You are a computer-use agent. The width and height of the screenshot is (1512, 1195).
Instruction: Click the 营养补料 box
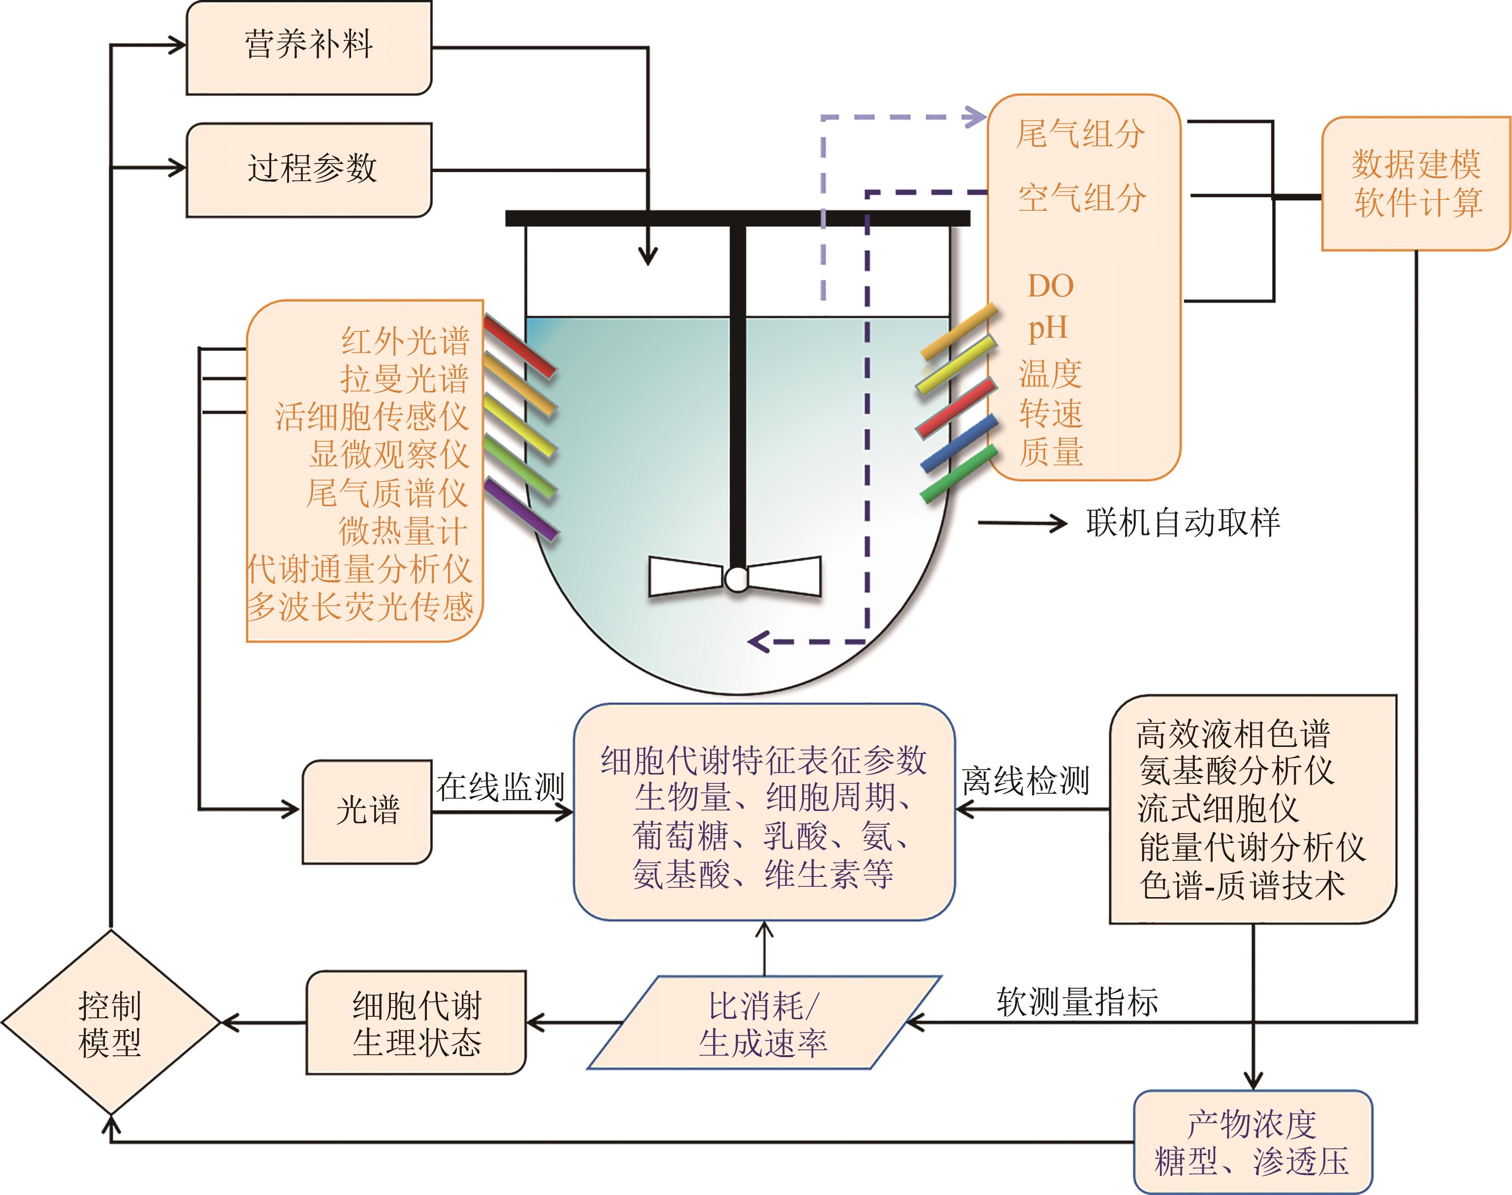309,48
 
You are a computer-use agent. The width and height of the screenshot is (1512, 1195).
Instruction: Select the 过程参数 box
309,169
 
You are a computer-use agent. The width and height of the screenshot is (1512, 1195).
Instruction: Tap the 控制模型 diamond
111,1023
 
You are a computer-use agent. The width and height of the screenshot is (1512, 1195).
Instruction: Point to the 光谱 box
367,811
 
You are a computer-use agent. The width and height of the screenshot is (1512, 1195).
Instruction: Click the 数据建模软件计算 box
1415,183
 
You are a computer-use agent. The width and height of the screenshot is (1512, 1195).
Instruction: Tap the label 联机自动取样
1183,522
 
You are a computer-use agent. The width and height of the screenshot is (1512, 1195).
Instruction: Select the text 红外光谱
405,341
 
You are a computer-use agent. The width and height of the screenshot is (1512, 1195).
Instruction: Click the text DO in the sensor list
1050,286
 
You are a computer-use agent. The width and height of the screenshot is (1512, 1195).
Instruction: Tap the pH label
1047,327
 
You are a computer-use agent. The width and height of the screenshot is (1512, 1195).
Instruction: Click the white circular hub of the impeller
736,579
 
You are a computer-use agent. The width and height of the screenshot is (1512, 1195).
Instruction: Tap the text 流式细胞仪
1218,809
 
